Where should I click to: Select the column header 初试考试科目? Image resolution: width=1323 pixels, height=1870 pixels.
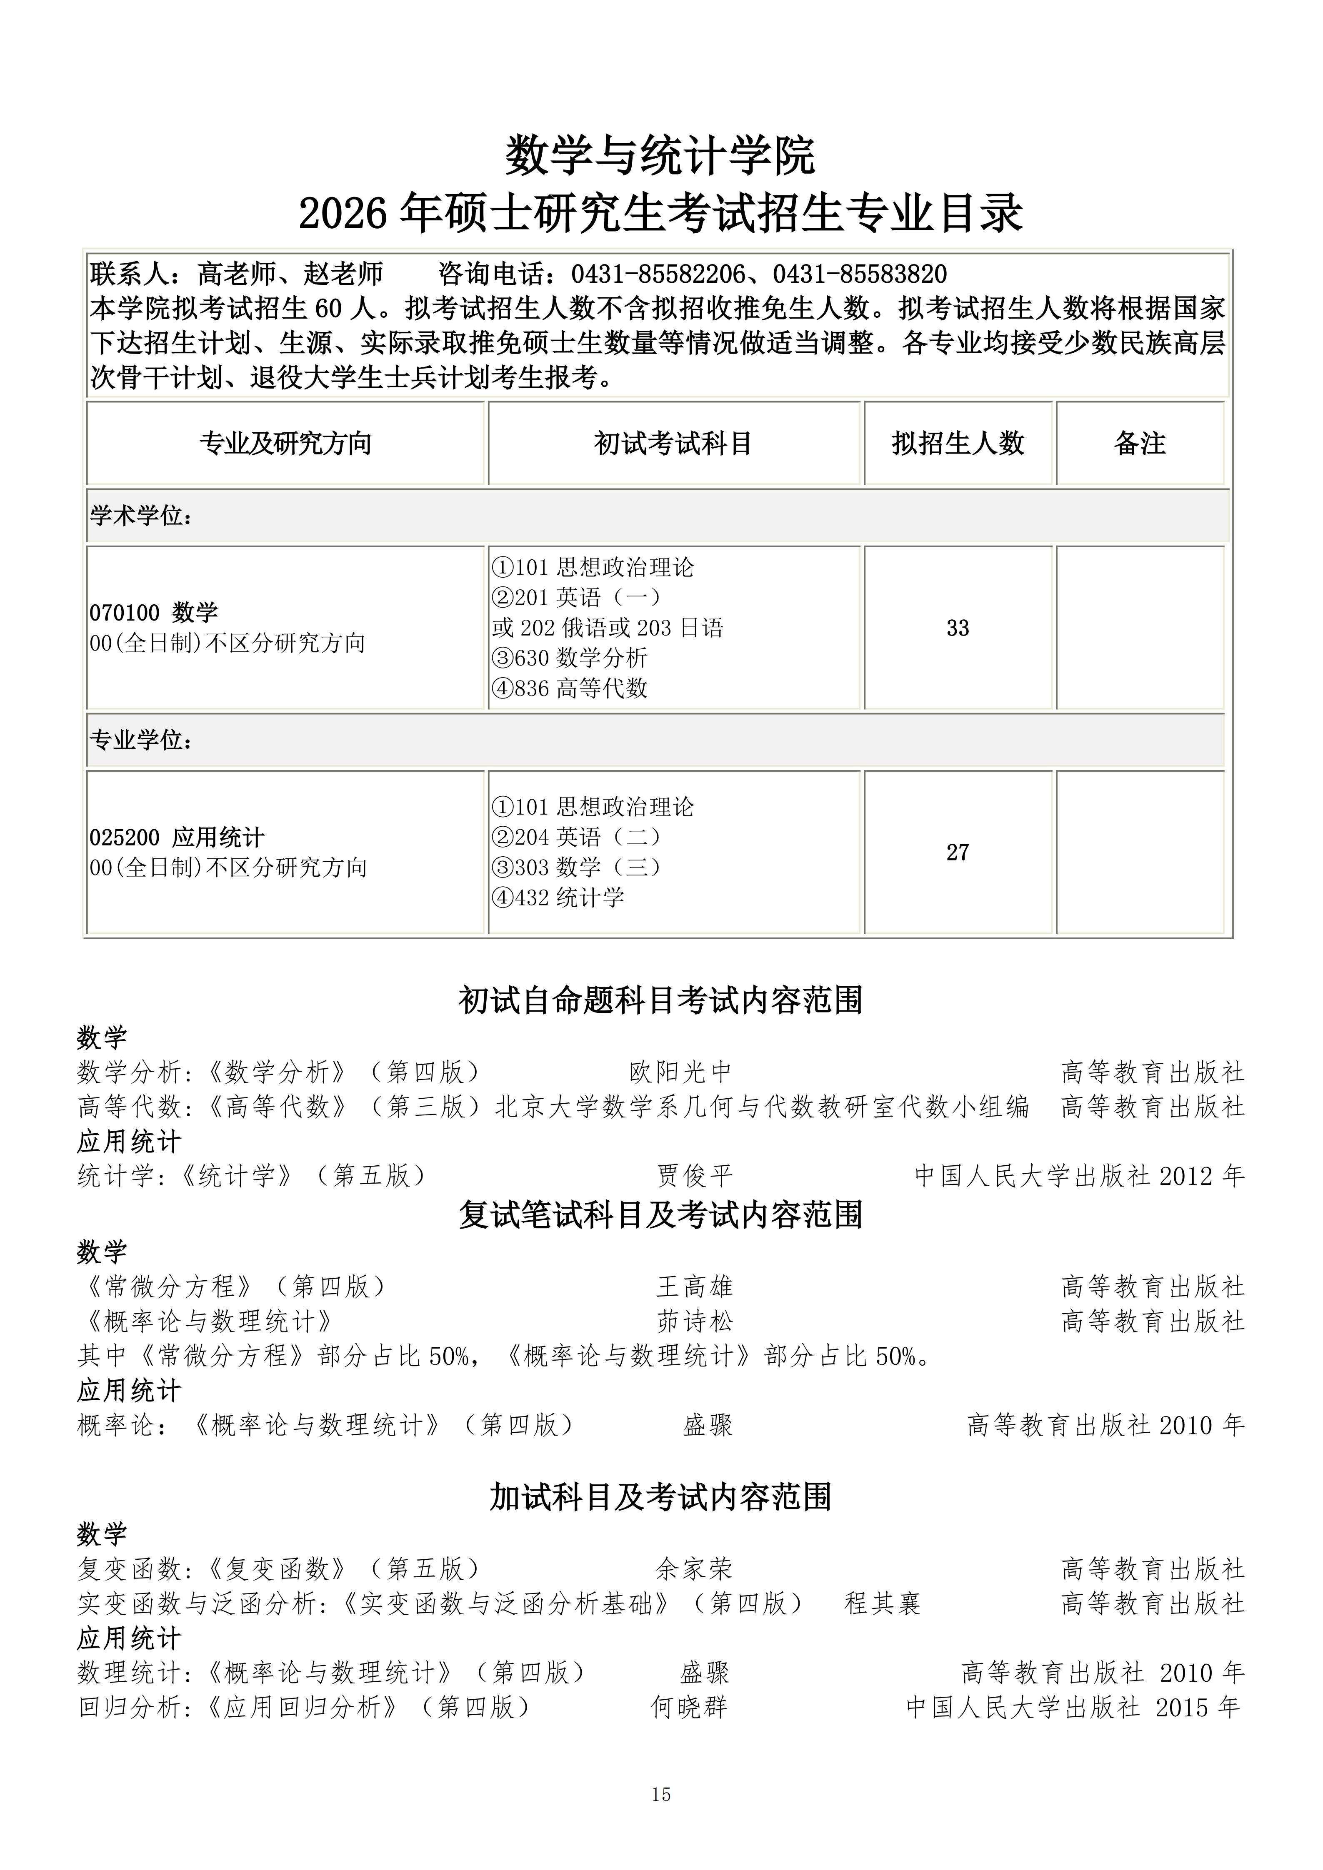pyautogui.click(x=673, y=444)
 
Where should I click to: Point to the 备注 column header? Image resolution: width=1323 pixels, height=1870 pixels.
pyautogui.click(x=1140, y=444)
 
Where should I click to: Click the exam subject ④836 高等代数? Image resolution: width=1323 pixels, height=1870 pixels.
pyautogui.click(x=570, y=688)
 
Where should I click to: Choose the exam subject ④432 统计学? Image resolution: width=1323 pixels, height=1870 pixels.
pyautogui.click(x=558, y=898)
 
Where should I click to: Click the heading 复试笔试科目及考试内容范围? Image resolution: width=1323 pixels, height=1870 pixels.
pyautogui.click(x=660, y=1214)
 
